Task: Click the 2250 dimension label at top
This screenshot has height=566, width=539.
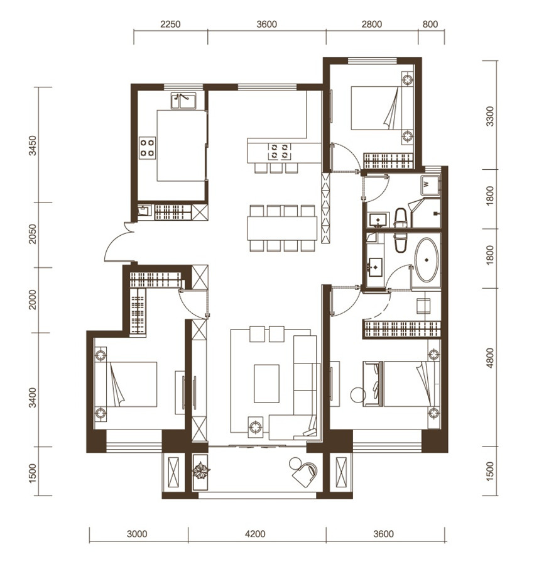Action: coord(170,24)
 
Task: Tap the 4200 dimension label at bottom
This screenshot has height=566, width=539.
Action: coord(255,533)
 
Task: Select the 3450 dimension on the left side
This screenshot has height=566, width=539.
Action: coord(33,145)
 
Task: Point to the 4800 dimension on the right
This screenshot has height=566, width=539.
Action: coord(489,358)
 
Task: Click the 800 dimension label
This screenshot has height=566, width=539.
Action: coord(430,24)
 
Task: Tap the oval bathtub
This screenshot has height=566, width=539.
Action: coord(427,260)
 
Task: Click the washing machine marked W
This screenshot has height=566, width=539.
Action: coord(430,185)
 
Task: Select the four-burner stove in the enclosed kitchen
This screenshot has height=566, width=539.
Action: coord(148,148)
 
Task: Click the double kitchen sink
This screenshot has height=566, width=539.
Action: coord(183,101)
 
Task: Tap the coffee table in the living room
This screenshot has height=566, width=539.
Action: coord(266,384)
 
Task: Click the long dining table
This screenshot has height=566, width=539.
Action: coord(282,228)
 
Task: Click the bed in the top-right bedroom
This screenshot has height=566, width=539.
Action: coord(376,108)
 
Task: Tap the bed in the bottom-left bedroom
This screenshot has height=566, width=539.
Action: coord(131,384)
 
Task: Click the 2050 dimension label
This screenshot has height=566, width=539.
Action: coord(33,235)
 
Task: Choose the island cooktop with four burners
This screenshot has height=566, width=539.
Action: coord(280,152)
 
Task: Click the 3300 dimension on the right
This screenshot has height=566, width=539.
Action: coord(489,116)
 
